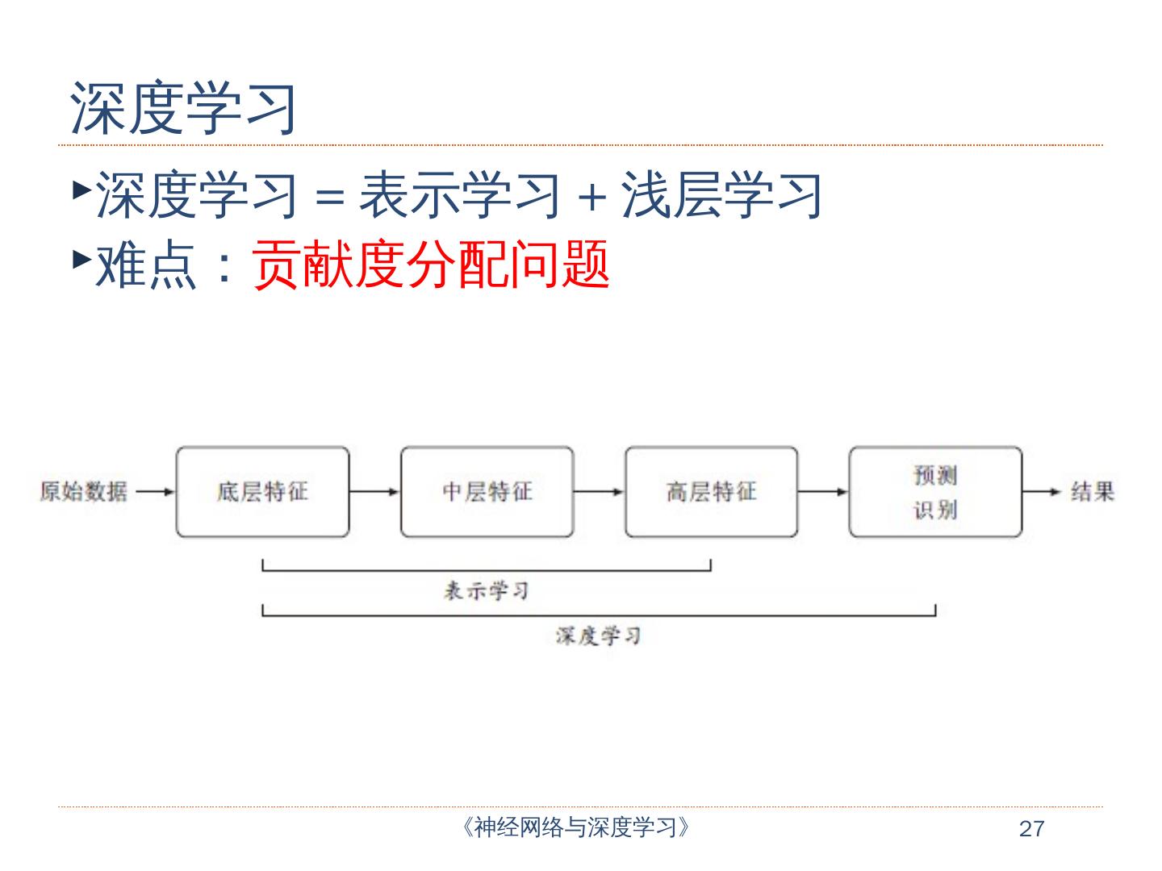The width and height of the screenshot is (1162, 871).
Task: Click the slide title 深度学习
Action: coord(184,108)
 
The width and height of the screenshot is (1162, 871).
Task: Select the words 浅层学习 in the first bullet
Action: coord(721,196)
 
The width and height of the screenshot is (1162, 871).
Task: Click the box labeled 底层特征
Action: coord(263,492)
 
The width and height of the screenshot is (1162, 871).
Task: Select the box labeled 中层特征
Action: coord(487,492)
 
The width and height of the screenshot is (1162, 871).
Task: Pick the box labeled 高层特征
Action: coord(711,492)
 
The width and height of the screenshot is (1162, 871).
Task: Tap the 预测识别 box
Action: coord(935,492)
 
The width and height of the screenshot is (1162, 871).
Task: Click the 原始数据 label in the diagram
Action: coord(84,491)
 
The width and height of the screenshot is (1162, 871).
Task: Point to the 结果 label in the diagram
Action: coord(1093,491)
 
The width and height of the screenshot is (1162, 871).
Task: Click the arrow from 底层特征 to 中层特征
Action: coord(375,491)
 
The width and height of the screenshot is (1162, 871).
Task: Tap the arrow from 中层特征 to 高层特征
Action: coord(600,491)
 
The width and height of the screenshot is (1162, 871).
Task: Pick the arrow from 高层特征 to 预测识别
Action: coord(823,491)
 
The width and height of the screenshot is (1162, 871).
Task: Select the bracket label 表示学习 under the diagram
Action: coord(487,591)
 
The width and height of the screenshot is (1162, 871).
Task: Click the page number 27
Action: coord(1031,829)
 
